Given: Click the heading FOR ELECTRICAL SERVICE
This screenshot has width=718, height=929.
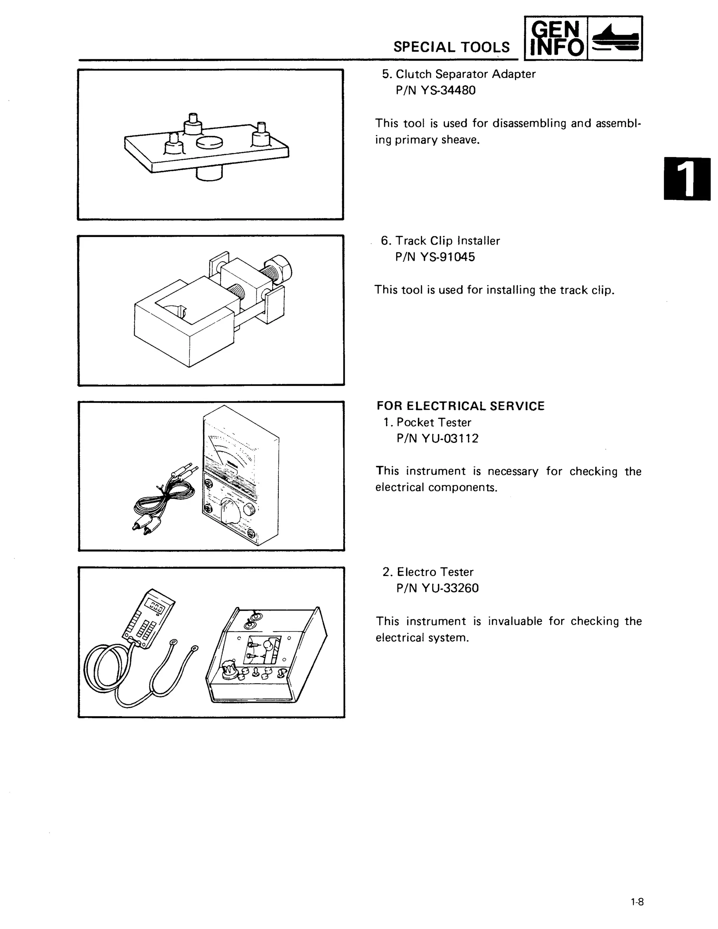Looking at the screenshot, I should tap(460, 406).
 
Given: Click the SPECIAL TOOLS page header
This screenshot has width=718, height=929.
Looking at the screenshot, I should tap(451, 47).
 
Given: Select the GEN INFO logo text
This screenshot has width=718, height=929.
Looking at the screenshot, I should tap(556, 38).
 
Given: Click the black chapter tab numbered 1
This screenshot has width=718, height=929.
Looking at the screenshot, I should tap(686, 179).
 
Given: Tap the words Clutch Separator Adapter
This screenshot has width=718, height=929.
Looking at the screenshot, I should tap(465, 74).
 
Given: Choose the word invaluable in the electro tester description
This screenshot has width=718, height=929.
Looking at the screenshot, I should tap(515, 621).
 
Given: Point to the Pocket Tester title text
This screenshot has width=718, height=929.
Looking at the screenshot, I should tap(433, 422).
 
